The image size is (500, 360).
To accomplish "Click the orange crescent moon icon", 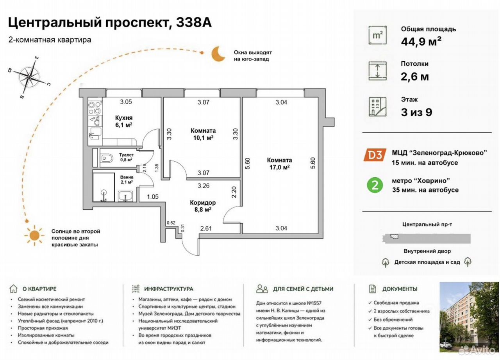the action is pos(217,54).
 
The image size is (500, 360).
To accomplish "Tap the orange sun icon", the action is pos(34,235).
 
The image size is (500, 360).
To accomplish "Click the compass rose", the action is pos(29,77).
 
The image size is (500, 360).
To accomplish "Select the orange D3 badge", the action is pos(375,155).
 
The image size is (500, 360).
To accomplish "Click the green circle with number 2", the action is pos(375,185).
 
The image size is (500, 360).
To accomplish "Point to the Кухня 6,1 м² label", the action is pos(124,121).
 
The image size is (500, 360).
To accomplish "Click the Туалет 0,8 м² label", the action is pos(126,157).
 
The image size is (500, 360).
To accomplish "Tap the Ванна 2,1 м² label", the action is pos(127,180).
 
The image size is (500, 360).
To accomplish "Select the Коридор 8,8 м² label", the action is pos(203,206).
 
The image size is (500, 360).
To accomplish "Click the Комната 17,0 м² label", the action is pos(279,164).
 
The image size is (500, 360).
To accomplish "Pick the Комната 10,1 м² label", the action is pos(203,134).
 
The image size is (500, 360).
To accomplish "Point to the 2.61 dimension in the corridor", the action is pos(206,228).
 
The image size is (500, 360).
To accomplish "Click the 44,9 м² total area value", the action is pos(421,41).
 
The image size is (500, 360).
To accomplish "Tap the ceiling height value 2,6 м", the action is pos(415,77).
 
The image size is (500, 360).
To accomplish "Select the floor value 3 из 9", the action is pos(416,112).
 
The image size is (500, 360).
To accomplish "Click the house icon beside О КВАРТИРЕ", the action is pos(13,289).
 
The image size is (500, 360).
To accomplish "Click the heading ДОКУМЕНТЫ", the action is pos(400,289).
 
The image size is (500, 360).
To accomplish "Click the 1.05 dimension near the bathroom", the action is pos(153,196).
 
